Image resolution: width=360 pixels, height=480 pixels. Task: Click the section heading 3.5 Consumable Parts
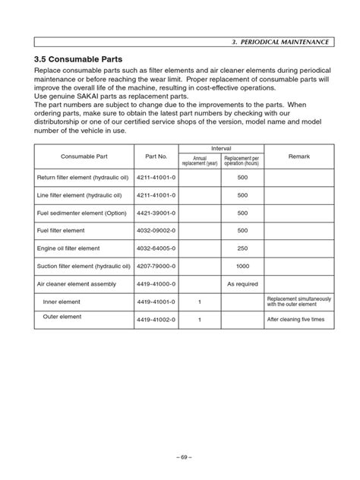[79, 58]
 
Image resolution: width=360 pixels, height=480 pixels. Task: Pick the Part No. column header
[156, 156]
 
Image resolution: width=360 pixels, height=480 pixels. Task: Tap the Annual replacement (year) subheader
[199, 160]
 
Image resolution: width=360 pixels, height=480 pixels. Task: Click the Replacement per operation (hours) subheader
[242, 160]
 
